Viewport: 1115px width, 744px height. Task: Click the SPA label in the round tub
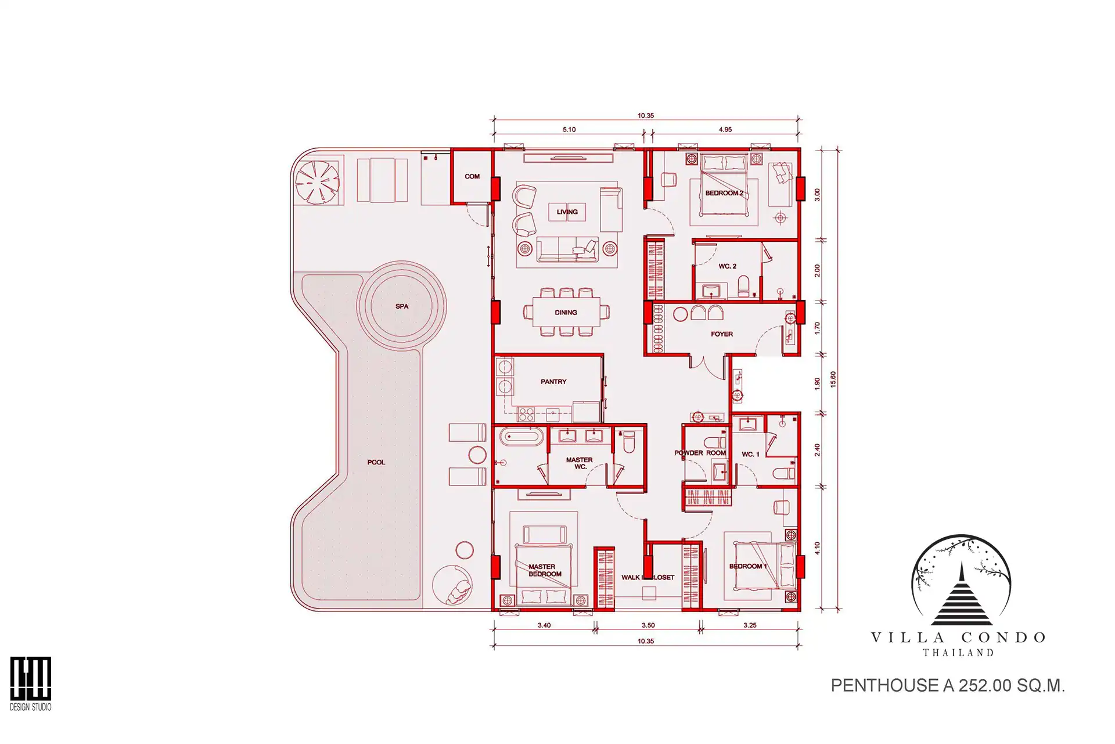tap(402, 306)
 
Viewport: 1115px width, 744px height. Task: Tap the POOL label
tap(376, 462)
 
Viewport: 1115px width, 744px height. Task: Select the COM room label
tap(472, 176)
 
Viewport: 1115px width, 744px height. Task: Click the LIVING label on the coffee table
tap(567, 212)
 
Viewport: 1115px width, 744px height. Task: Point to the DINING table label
tap(566, 312)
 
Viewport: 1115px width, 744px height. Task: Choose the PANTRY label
tap(553, 381)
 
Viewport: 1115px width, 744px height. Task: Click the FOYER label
tap(722, 334)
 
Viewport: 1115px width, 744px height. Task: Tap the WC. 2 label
tap(728, 266)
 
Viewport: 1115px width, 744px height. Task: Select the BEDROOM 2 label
tap(724, 193)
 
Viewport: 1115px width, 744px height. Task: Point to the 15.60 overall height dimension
tap(833, 380)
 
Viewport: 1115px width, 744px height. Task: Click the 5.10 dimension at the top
tap(569, 130)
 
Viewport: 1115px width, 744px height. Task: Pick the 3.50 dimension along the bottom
tap(648, 625)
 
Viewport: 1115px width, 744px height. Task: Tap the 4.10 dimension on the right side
tap(817, 548)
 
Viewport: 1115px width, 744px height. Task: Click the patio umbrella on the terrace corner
tap(317, 182)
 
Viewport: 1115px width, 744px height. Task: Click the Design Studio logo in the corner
tap(31, 684)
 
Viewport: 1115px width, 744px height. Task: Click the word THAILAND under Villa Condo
tap(959, 653)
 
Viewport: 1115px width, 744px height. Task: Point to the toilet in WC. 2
tap(743, 286)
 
